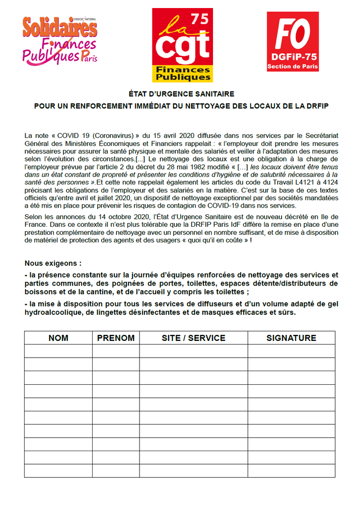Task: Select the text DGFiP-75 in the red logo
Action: pyautogui.click(x=293, y=58)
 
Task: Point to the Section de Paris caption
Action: pyautogui.click(x=293, y=66)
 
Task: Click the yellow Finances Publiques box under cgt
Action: pyautogui.click(x=183, y=73)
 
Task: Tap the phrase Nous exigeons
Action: pyautogui.click(x=53, y=264)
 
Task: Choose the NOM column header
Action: pyautogui.click(x=58, y=338)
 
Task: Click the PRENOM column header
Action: pyautogui.click(x=116, y=338)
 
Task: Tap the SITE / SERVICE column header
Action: pyautogui.click(x=193, y=338)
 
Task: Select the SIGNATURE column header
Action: pyautogui.click(x=291, y=338)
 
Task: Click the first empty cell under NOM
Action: pyautogui.click(x=58, y=351)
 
